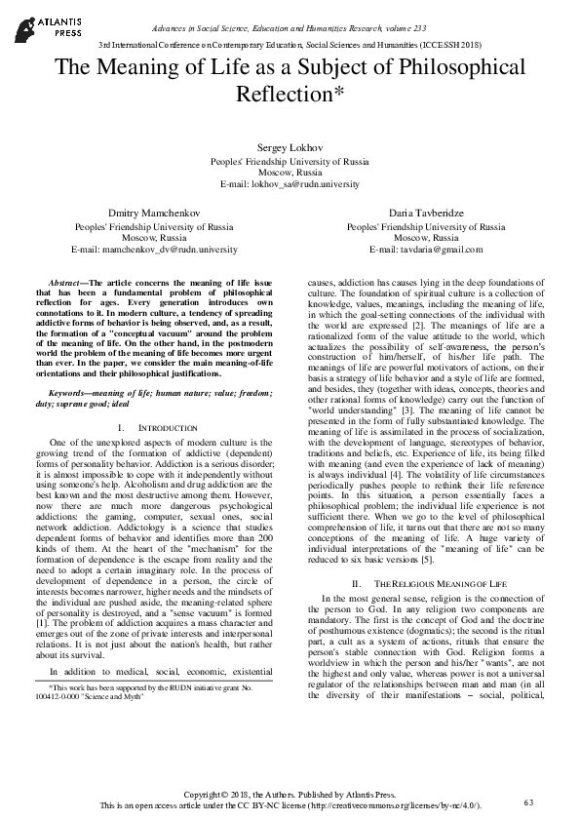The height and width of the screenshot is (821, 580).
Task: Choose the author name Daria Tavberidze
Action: (426, 213)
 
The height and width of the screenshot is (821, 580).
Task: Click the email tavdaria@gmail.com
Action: (426, 249)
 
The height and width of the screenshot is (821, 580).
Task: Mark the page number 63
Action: (529, 801)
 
